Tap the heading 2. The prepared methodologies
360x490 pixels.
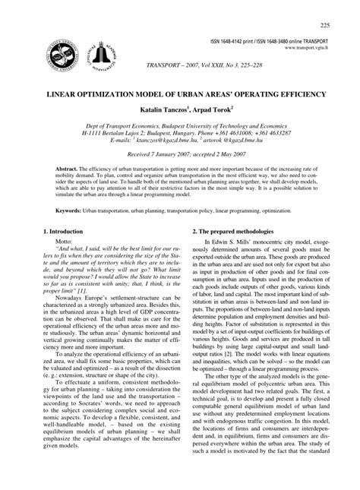pyautogui.click(x=238, y=252)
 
